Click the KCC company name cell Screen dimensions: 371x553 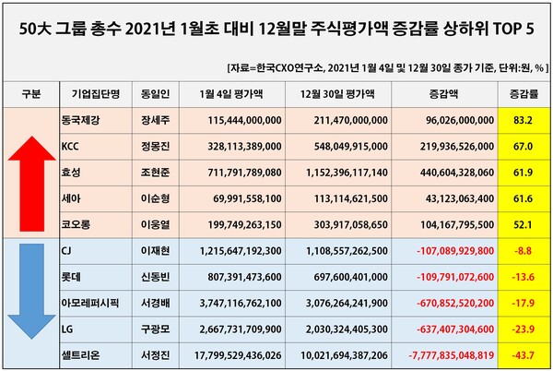click(x=70, y=146)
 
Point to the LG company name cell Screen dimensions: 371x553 click(x=66, y=329)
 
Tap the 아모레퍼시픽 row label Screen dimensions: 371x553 click(x=88, y=303)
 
